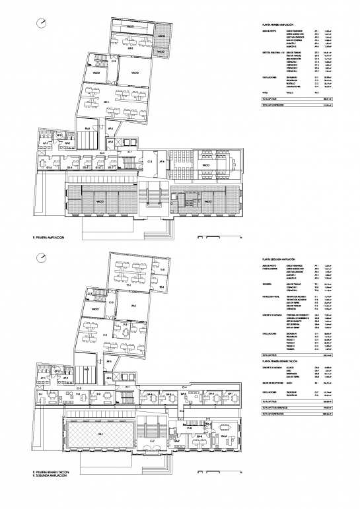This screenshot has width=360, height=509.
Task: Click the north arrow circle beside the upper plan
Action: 42,24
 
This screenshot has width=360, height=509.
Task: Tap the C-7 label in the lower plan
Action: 152,440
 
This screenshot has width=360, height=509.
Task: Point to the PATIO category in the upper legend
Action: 265,93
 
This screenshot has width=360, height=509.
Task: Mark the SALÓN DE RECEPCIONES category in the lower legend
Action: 275,382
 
